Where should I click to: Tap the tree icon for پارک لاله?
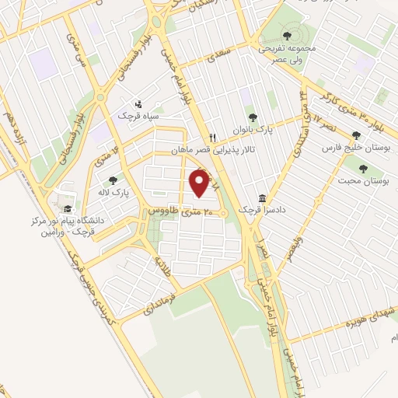point(113,180)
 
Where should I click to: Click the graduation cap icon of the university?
point(68,208)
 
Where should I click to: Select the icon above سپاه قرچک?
point(138,103)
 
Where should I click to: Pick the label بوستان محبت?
point(361,180)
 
